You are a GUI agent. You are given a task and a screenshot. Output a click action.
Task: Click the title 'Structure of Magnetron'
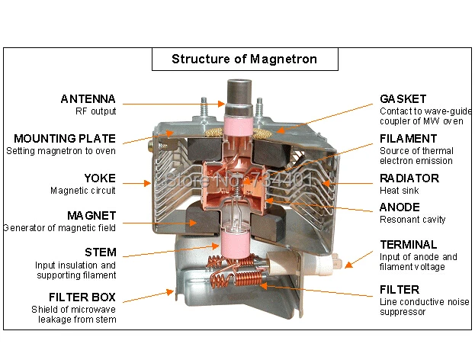coord(244,59)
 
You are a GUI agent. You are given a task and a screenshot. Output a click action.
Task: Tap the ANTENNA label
coord(88,99)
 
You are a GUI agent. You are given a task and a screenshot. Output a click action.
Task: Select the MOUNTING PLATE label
coord(65,139)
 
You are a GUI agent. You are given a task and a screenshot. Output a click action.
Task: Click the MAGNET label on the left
coord(91,216)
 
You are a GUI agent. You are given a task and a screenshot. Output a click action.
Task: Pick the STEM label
coord(101,252)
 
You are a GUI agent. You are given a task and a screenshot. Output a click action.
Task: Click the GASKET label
coord(403,99)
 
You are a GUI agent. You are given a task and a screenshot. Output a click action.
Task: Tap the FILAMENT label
coord(409,139)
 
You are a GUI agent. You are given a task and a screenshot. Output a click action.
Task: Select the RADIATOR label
coord(409,178)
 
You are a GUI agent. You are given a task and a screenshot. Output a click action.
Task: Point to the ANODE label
coord(399,207)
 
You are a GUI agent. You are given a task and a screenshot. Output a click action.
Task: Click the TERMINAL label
coord(409,245)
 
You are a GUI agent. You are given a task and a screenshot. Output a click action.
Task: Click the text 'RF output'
coord(95,111)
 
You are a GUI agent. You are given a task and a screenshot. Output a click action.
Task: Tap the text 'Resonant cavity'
coord(412,220)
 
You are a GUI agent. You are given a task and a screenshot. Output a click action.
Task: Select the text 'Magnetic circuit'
coord(83,191)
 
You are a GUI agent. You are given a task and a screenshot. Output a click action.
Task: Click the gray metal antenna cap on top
coord(236,90)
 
